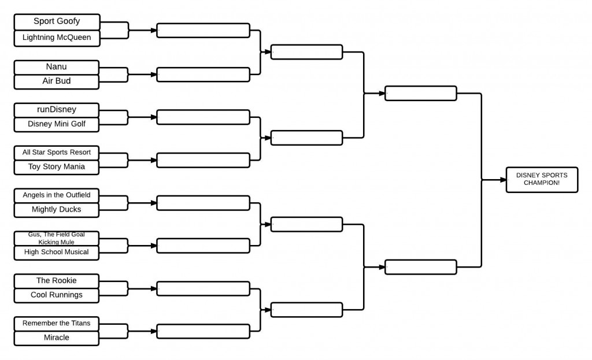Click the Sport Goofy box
[x=57, y=22]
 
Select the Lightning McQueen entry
[x=57, y=38]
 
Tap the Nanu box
[x=57, y=67]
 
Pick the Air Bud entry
[x=57, y=81]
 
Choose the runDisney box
[x=57, y=109]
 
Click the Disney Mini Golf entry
[x=57, y=124]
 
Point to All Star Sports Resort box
[x=57, y=153]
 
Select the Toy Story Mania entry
[x=57, y=167]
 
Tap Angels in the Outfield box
[x=57, y=195]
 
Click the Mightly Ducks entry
[x=57, y=210]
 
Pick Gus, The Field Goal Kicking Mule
[x=57, y=238]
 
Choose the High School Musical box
[x=57, y=252]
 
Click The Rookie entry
[x=57, y=281]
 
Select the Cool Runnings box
[x=57, y=295]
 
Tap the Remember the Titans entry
[x=57, y=324]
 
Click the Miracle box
[x=57, y=338]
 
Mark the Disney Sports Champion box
[x=542, y=179]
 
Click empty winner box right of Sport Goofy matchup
[x=203, y=30]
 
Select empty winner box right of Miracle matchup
[x=203, y=331]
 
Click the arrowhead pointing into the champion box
[x=502, y=180]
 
